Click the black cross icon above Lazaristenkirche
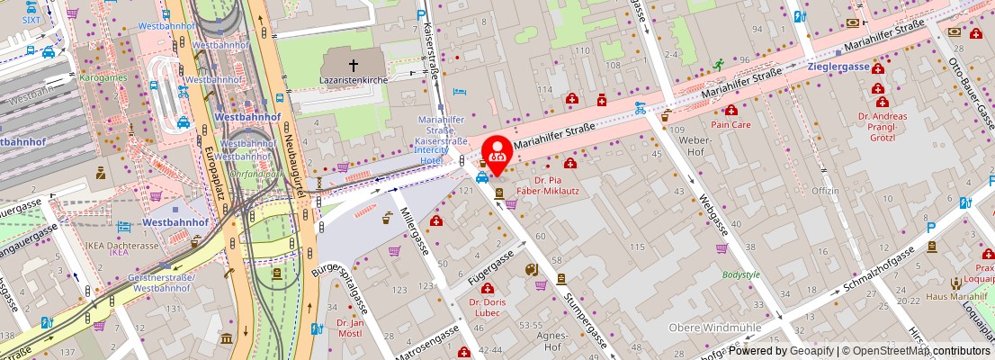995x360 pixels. (x=353, y=65)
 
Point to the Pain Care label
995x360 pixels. (x=731, y=124)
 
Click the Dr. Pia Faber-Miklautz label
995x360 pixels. (x=569, y=185)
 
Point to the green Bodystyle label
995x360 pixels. (x=741, y=274)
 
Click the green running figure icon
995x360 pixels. (x=718, y=65)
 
